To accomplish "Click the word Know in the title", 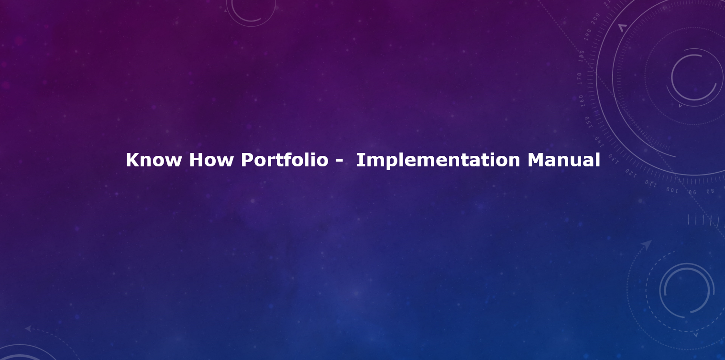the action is click(154, 160).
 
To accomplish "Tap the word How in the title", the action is click(211, 160).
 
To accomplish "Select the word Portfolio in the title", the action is click(285, 160).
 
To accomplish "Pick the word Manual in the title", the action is click(564, 160).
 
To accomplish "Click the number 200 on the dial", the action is click(595, 19).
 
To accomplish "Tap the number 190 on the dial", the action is click(587, 34).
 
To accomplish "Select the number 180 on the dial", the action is click(582, 56).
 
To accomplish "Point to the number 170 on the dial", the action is click(579, 78).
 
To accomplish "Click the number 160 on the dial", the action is click(582, 100).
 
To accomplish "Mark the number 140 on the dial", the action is click(599, 142).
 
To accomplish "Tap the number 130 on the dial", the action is click(614, 159).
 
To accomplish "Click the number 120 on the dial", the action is click(631, 173).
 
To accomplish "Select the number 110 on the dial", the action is click(650, 184).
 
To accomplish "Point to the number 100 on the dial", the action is click(672, 190).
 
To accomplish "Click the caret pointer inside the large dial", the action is click(622, 28).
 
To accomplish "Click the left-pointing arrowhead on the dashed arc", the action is click(28, 328).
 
